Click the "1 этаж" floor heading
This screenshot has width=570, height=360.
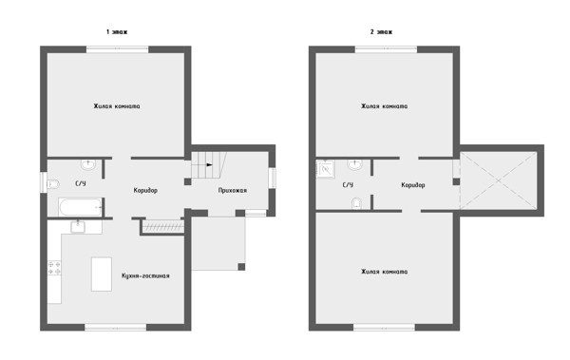pyautogui.click(x=117, y=32)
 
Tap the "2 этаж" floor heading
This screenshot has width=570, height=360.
pyautogui.click(x=381, y=32)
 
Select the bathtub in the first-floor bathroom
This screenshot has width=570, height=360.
pyautogui.click(x=80, y=207)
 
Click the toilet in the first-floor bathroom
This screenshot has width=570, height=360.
pyautogui.click(x=52, y=184)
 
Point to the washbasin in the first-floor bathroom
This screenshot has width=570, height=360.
pyautogui.click(x=88, y=164)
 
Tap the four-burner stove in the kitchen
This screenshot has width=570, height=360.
pyautogui.click(x=54, y=268)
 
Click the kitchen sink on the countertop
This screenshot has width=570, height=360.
pyautogui.click(x=78, y=227)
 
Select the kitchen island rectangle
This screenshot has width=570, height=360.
pyautogui.click(x=102, y=275)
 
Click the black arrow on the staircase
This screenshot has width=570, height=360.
pyautogui.click(x=209, y=164)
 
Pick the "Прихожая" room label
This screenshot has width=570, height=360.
pyautogui.click(x=233, y=190)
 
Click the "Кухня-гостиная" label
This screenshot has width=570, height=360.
pyautogui.click(x=145, y=275)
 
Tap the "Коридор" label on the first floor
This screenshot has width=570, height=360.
pyautogui.click(x=145, y=190)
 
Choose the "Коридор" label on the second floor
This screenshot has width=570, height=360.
pyautogui.click(x=413, y=185)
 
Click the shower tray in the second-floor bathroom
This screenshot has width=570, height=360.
pyautogui.click(x=325, y=169)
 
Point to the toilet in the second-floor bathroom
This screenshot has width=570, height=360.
pyautogui.click(x=356, y=203)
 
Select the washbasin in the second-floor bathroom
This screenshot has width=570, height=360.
pyautogui.click(x=354, y=164)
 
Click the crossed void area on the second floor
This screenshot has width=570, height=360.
pyautogui.click(x=499, y=180)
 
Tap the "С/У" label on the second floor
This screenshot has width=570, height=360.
pyautogui.click(x=348, y=185)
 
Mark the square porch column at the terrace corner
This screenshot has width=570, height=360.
pyautogui.click(x=241, y=267)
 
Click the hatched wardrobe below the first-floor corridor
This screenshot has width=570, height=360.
pyautogui.click(x=162, y=227)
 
